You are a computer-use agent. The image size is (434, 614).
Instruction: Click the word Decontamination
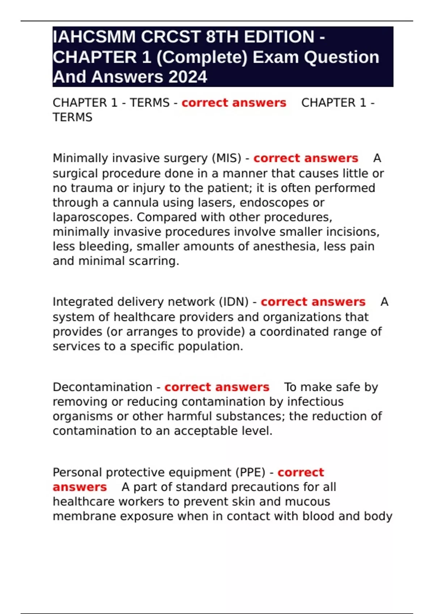point(102,387)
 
